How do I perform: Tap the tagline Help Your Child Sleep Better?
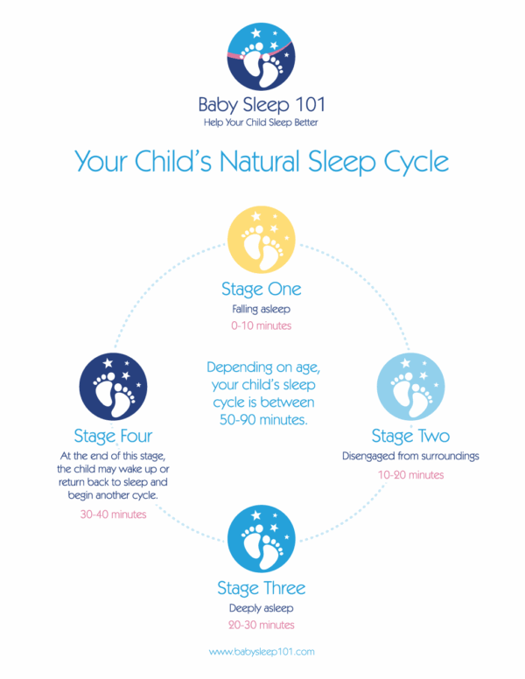[261, 122]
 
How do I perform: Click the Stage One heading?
[261, 289]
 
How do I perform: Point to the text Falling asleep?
[261, 309]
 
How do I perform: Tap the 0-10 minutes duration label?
[261, 325]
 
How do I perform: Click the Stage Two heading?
[409, 436]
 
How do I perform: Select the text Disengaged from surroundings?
[409, 456]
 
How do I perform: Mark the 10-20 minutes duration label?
[410, 474]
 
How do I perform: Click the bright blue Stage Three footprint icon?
[261, 538]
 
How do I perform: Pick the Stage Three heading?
[261, 586]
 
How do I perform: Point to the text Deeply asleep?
[261, 606]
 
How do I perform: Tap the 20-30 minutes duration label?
[261, 625]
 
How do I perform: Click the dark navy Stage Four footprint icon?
[113, 386]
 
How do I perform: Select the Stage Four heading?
[113, 435]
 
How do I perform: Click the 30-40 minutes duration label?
[113, 514]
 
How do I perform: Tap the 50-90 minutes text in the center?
[261, 418]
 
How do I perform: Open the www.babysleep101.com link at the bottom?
[261, 652]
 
